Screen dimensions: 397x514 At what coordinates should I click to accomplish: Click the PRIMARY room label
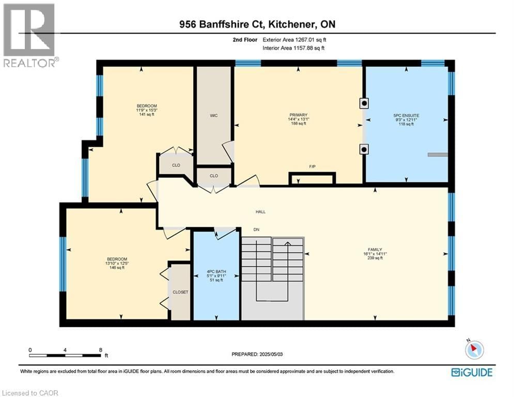click(x=299, y=115)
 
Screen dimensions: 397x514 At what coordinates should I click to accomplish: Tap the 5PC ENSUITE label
click(x=406, y=115)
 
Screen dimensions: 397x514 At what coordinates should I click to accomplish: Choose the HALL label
click(x=260, y=211)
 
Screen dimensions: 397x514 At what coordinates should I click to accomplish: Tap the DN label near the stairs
click(x=256, y=230)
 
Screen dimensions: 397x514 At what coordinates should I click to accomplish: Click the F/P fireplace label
click(x=312, y=166)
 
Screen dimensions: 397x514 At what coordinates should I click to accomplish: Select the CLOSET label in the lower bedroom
click(x=180, y=292)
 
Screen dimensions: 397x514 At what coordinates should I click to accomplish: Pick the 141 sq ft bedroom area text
click(x=143, y=115)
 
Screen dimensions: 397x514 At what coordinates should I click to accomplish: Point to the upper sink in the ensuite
click(x=364, y=103)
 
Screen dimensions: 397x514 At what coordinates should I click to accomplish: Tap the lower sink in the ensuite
click(x=364, y=149)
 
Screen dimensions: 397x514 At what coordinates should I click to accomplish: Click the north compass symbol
click(x=474, y=350)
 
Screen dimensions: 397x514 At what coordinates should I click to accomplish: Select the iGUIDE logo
click(x=472, y=372)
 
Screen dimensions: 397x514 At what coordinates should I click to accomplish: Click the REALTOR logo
click(x=30, y=35)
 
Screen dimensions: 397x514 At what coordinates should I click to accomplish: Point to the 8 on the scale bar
click(x=100, y=349)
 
